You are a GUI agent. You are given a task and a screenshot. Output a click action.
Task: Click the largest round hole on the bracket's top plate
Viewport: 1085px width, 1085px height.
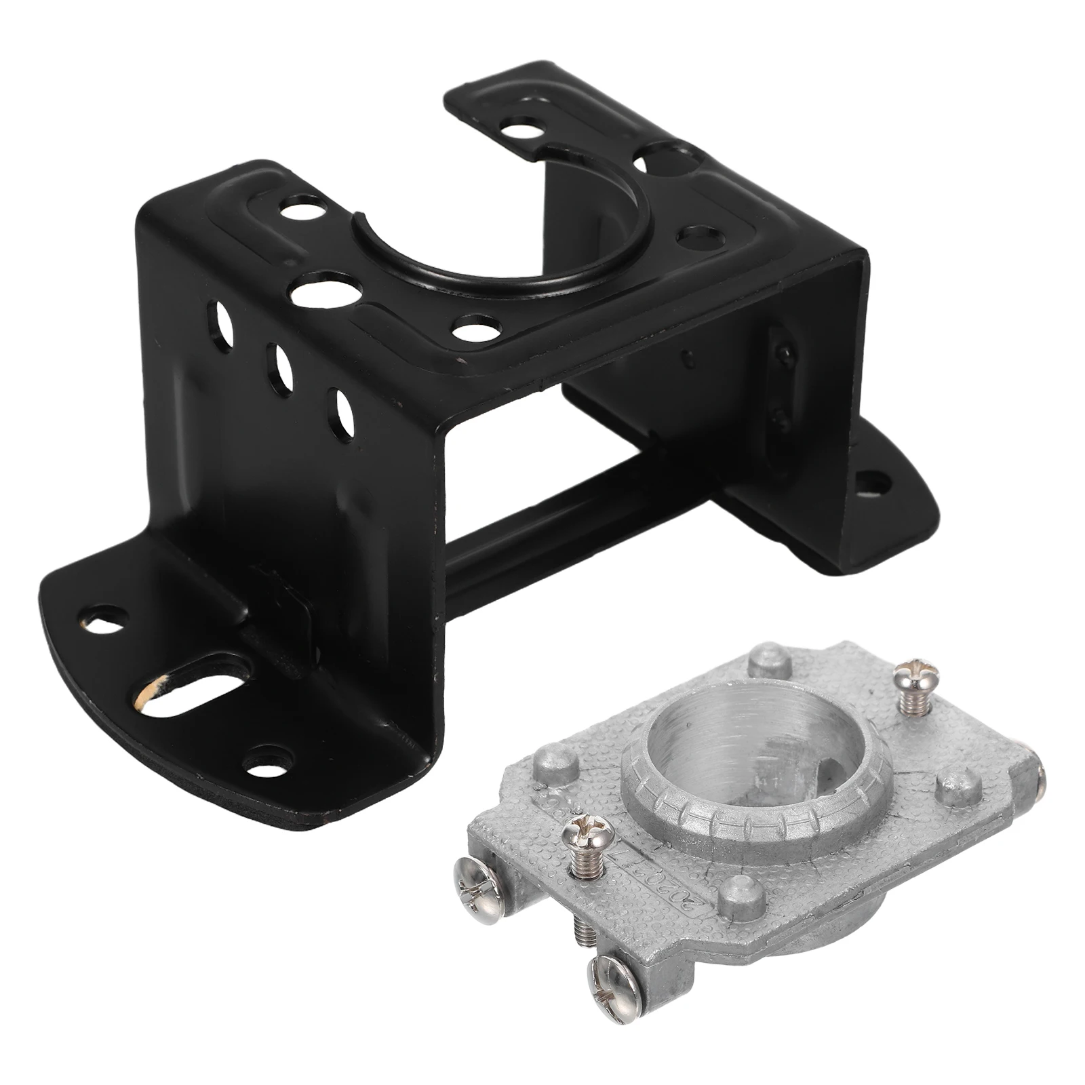[319, 290]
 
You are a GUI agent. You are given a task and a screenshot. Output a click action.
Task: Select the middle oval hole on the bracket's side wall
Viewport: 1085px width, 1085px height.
[279, 370]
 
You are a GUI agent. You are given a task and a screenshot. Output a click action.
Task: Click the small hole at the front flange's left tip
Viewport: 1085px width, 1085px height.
[105, 618]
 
